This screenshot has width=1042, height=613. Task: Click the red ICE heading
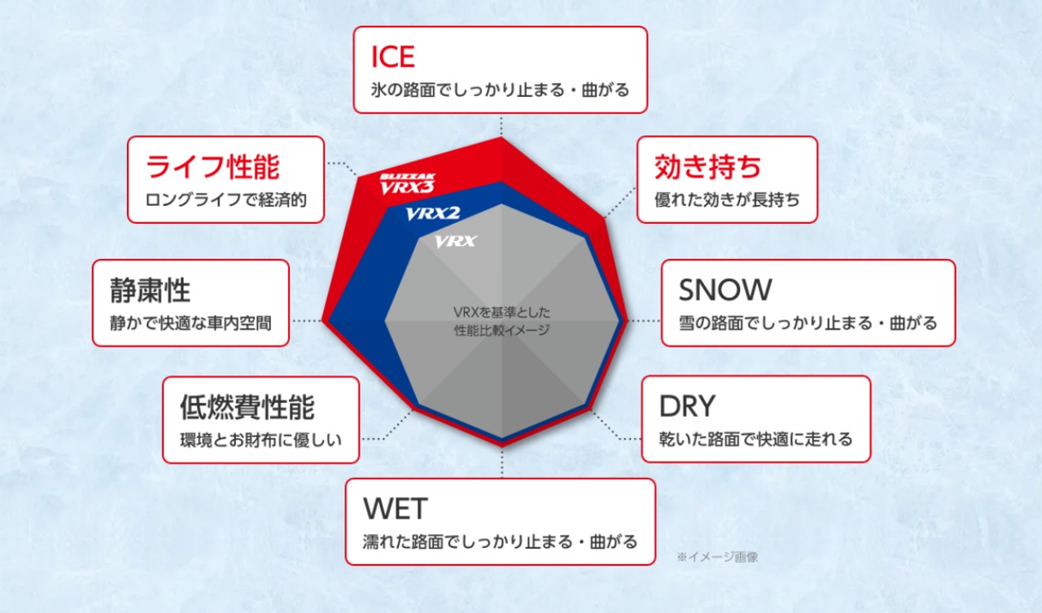392,57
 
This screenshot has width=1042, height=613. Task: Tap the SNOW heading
725,290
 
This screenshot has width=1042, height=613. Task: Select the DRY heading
687,406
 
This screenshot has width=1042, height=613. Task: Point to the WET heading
395,509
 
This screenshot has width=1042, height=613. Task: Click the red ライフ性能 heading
212,167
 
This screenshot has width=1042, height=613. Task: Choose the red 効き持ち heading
707,167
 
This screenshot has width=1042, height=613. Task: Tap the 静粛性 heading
151,291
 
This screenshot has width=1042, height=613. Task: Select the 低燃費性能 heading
247,407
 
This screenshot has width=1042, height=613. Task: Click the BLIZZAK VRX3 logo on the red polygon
407,184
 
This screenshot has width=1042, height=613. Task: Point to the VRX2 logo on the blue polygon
432,213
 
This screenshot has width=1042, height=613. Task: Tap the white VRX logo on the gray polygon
455,242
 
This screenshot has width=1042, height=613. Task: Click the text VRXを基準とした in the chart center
501,312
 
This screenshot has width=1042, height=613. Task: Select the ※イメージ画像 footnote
717,557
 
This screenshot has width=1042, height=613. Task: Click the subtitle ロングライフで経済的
226,200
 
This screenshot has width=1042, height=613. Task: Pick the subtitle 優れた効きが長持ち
727,200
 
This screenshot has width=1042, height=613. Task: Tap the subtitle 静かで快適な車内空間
190,323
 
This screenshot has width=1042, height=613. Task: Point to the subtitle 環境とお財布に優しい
261,440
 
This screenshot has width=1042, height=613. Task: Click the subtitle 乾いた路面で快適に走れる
756,439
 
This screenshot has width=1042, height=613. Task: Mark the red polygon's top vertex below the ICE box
501,137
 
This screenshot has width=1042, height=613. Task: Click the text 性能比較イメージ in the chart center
501,331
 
